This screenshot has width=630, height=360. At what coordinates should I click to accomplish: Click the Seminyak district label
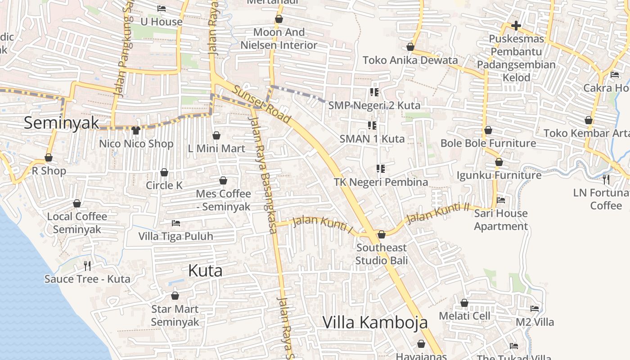tap(61, 122)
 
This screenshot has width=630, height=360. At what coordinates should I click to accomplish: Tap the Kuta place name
tap(205, 270)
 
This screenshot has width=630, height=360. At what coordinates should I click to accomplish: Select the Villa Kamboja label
tap(375, 322)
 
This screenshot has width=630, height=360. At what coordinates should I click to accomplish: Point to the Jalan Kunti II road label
tap(437, 213)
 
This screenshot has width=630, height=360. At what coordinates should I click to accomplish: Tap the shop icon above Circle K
tap(164, 172)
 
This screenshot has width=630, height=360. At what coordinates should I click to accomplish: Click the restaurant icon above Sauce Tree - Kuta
tap(87, 266)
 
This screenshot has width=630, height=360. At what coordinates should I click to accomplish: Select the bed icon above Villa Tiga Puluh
tap(176, 223)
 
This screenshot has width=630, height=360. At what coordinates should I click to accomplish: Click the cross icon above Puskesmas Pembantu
tap(516, 26)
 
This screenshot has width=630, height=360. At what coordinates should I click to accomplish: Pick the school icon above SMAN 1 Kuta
tap(372, 126)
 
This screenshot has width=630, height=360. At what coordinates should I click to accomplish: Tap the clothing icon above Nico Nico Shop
tap(136, 130)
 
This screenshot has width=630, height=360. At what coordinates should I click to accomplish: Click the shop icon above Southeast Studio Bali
tap(382, 234)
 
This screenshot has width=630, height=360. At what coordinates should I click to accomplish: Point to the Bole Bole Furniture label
tap(488, 143)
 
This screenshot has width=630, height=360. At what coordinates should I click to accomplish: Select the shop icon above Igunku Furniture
tap(499, 162)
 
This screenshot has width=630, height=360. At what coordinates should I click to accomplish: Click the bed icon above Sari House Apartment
tap(500, 200)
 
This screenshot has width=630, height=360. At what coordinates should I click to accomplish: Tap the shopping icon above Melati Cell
tap(464, 303)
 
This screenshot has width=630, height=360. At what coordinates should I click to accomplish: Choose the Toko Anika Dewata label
tap(410, 60)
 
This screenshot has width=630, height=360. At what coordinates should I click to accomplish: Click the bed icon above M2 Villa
tap(535, 309)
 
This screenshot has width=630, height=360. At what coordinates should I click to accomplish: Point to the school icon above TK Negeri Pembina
tap(381, 169)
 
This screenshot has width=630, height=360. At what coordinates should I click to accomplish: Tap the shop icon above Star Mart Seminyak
tap(175, 296)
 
